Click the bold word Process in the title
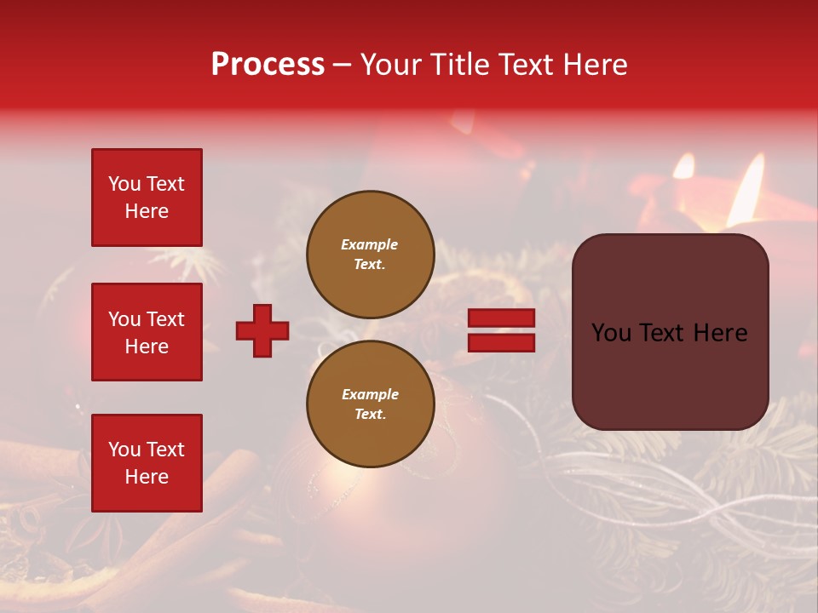pos(268,65)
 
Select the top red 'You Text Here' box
pos(147,198)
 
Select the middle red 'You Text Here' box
pos(147,332)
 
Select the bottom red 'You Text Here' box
pos(147,462)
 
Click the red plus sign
pos(262,331)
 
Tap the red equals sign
pos(501,330)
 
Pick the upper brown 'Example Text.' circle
pos(370,255)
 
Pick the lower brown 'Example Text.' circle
pos(370,404)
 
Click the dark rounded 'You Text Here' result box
pos(670,332)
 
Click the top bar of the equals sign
pos(501,318)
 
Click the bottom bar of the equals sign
pos(501,342)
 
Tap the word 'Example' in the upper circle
pos(370,244)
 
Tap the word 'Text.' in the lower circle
pos(370,414)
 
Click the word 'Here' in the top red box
pos(147,211)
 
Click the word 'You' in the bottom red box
pos(124,449)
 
